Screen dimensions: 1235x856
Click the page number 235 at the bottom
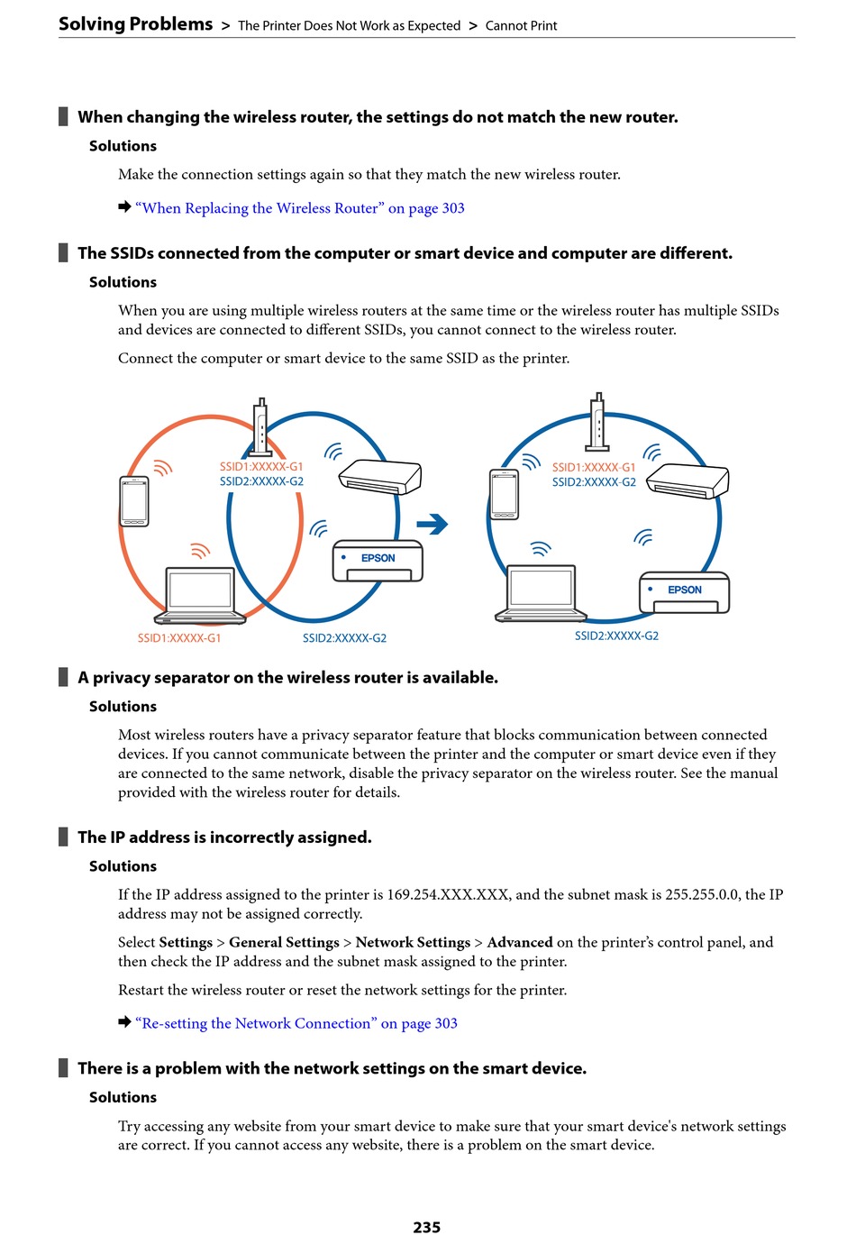click(426, 1226)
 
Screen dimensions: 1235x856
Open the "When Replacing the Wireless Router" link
click(300, 208)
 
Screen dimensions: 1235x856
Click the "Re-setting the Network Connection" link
click(296, 1023)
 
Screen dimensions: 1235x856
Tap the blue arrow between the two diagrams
click(433, 524)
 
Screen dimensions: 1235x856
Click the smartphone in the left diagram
click(134, 501)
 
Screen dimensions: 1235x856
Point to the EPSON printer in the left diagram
click(378, 561)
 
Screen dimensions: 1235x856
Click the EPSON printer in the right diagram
click(684, 592)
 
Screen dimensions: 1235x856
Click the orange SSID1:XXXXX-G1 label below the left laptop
click(179, 638)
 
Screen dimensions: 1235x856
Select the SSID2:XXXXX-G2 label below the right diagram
click(616, 636)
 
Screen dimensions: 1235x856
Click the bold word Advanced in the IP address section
click(520, 942)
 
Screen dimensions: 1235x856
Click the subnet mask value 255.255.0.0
click(702, 894)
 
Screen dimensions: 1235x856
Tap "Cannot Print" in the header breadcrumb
click(521, 25)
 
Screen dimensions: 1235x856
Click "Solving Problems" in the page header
click(136, 24)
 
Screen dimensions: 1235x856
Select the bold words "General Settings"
click(284, 942)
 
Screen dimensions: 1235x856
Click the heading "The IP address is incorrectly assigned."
click(224, 837)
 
